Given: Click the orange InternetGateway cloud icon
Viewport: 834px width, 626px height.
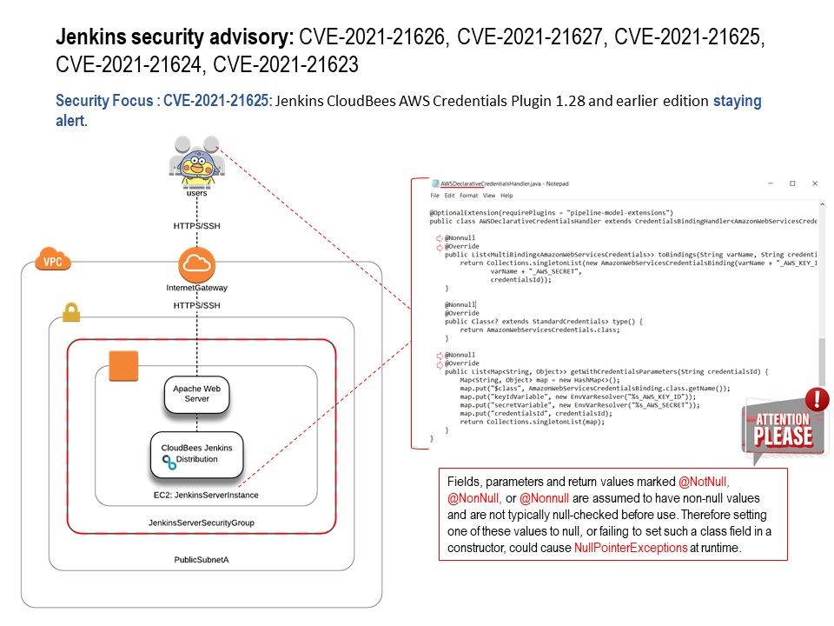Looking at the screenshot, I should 196,263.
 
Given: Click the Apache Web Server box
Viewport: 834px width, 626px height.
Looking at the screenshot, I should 196,393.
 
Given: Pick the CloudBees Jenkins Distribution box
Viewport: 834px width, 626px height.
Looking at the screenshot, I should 196,453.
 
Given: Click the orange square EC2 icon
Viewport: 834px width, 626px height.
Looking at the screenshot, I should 123,366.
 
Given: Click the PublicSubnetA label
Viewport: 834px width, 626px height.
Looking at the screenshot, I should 201,560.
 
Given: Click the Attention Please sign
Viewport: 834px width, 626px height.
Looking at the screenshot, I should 782,430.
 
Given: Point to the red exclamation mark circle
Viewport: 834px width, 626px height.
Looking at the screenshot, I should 817,399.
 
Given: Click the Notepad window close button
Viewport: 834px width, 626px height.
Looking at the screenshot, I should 814,183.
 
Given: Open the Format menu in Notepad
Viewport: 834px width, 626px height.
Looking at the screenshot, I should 467,196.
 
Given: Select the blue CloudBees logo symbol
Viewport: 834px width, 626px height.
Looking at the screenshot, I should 169,462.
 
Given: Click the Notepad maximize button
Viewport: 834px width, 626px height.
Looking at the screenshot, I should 792,183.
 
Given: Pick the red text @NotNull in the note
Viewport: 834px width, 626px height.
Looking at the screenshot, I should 703,482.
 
